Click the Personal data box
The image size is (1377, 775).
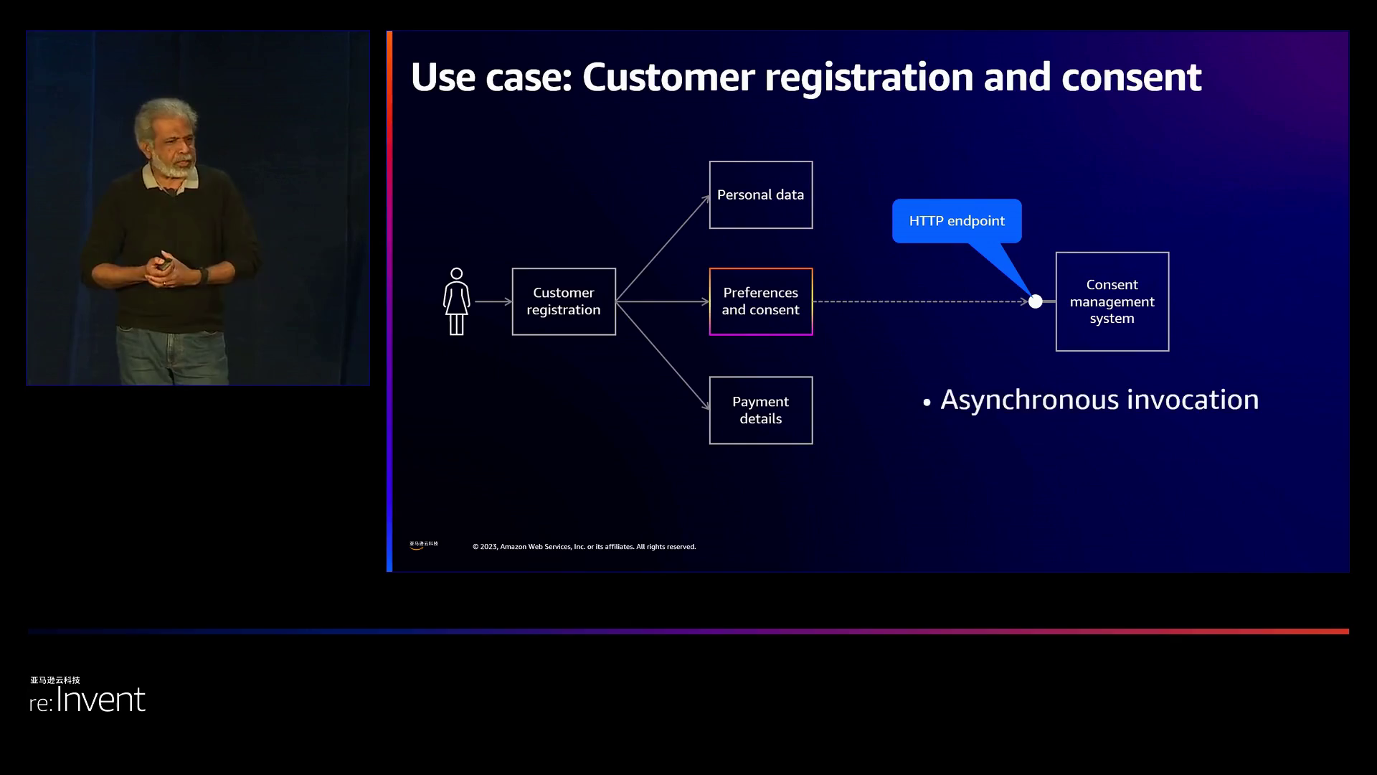click(x=761, y=195)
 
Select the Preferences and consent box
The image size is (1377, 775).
click(x=761, y=301)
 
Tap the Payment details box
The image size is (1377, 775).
click(x=761, y=410)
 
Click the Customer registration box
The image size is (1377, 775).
click(x=564, y=301)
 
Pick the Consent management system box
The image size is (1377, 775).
click(x=1112, y=301)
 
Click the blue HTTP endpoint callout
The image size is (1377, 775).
click(x=957, y=221)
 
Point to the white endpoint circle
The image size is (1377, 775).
click(x=1035, y=302)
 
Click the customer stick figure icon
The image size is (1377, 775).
click(x=456, y=301)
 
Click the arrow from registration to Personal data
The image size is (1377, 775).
click(x=663, y=248)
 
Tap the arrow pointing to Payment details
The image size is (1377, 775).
click(x=663, y=356)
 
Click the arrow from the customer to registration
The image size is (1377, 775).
click(x=493, y=301)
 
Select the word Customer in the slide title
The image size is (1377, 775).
click(x=668, y=77)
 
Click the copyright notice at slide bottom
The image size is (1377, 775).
click(x=584, y=547)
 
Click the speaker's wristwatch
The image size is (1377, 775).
click(x=204, y=275)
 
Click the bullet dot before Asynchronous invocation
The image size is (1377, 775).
click(x=927, y=403)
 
